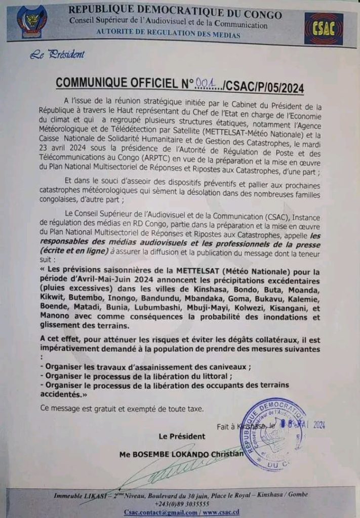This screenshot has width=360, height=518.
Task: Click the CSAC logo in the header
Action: tap(323, 29)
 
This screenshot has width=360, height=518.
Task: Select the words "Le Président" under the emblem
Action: tap(57, 55)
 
